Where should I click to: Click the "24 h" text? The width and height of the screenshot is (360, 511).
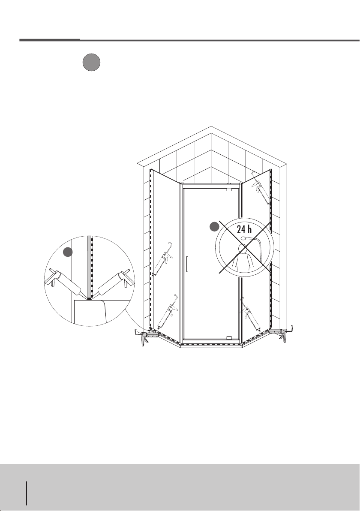point(244,229)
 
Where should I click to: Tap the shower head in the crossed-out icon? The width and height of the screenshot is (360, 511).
point(243,238)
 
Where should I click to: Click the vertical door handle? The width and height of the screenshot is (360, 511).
point(188,264)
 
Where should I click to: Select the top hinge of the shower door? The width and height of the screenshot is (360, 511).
point(229,189)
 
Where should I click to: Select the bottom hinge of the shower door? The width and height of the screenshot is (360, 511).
point(229,338)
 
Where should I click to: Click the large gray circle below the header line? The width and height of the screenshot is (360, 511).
point(91,63)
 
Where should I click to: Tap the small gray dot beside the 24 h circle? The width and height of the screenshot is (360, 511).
point(214,227)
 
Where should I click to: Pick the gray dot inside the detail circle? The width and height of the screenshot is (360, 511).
point(67,252)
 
